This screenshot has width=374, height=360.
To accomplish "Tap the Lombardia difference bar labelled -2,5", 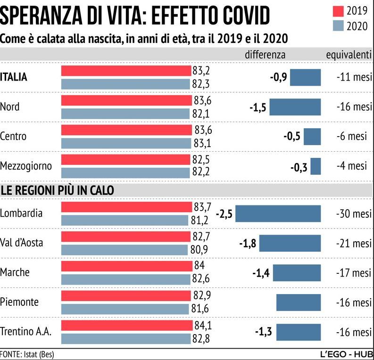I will click(x=278, y=213).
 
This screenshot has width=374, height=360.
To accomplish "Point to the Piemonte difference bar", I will click(x=298, y=302).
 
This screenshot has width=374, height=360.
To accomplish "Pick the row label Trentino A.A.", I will click(x=26, y=332).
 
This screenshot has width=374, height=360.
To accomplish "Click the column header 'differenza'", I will click(x=265, y=54).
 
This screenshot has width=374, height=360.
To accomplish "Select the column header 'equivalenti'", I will click(x=349, y=54).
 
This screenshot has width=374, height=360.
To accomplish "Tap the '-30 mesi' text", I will click(x=354, y=213).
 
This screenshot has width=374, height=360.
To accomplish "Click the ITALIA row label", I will click(x=14, y=77).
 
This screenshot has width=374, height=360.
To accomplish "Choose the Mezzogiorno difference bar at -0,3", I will click(x=316, y=166).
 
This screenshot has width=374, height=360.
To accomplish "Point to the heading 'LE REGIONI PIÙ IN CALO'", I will click(x=58, y=190).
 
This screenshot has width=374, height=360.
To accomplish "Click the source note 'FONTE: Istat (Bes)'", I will click(x=24, y=354).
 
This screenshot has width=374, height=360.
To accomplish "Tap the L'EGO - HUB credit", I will click(x=346, y=354).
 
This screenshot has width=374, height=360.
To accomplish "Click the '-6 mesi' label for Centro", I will click(x=352, y=136).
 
